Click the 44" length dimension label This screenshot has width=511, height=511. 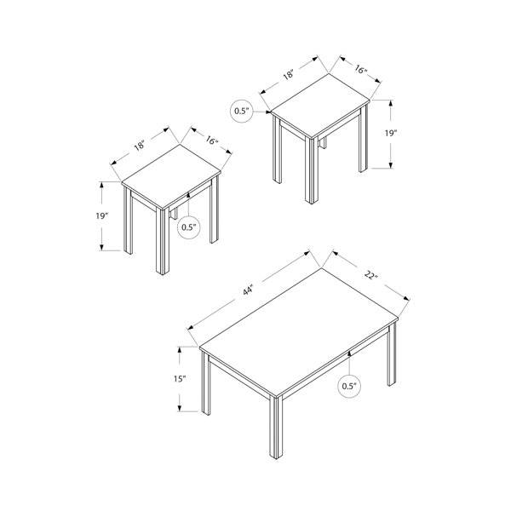click(248, 290)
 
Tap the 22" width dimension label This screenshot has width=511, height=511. click(370, 275)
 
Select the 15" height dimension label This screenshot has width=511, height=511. click(180, 379)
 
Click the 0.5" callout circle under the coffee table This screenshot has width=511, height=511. click(349, 387)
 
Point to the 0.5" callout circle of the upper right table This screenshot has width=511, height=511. click(242, 111)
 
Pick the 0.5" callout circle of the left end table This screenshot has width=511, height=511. click(188, 227)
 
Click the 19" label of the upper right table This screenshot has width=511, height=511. click(390, 134)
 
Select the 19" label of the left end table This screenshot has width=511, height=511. click(101, 215)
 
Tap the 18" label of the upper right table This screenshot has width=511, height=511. click(289, 75)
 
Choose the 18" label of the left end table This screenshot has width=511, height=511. click(139, 145)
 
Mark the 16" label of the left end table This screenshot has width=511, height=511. click(211, 141)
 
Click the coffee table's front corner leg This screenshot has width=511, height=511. click(276, 427)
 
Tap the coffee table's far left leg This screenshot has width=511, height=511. click(205, 383)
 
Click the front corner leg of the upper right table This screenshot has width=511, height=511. click(312, 170)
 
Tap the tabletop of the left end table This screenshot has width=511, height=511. click(171, 176)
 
